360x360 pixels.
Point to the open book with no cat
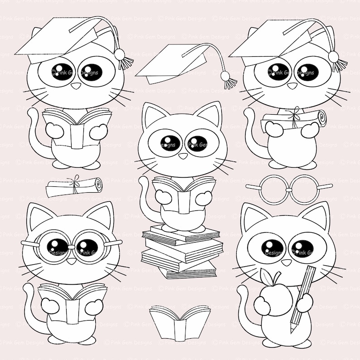click(180, 322)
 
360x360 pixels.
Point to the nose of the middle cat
click(183, 156)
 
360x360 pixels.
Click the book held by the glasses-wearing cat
click(72, 304)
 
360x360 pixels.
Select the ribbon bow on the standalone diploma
click(74, 181)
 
